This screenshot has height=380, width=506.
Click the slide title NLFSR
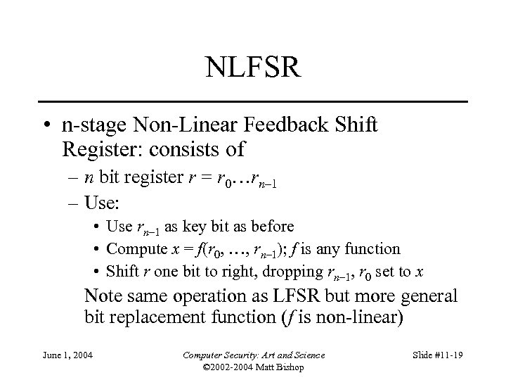(254, 68)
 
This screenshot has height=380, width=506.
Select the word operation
(207, 296)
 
